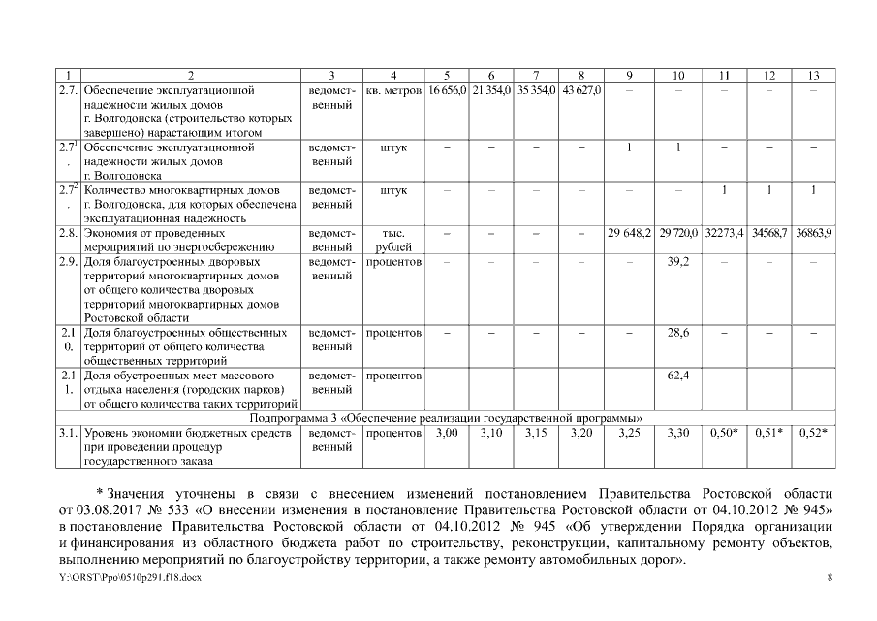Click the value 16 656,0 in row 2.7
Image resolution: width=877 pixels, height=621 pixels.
point(448,90)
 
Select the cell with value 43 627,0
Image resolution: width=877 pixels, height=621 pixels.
point(580,90)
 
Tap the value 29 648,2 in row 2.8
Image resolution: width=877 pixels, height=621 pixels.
point(630,235)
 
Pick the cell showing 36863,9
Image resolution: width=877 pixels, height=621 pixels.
point(814,235)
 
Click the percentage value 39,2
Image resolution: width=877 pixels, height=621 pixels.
point(678,262)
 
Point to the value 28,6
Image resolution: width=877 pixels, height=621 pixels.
point(678,333)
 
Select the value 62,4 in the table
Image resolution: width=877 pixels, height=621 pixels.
point(678,375)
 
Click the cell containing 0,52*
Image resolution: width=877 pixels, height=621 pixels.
point(814,432)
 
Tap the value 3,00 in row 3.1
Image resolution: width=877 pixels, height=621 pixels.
point(448,432)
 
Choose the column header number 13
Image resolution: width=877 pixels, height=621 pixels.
point(814,76)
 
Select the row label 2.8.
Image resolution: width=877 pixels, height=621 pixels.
point(68,235)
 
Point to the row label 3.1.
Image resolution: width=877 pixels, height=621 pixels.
point(68,433)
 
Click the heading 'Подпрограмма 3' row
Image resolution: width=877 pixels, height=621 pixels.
point(447,417)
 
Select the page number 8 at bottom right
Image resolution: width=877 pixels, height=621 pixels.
point(830,577)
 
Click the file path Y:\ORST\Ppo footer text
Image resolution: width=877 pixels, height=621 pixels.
point(131,577)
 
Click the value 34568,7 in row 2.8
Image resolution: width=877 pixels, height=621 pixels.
point(769,235)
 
